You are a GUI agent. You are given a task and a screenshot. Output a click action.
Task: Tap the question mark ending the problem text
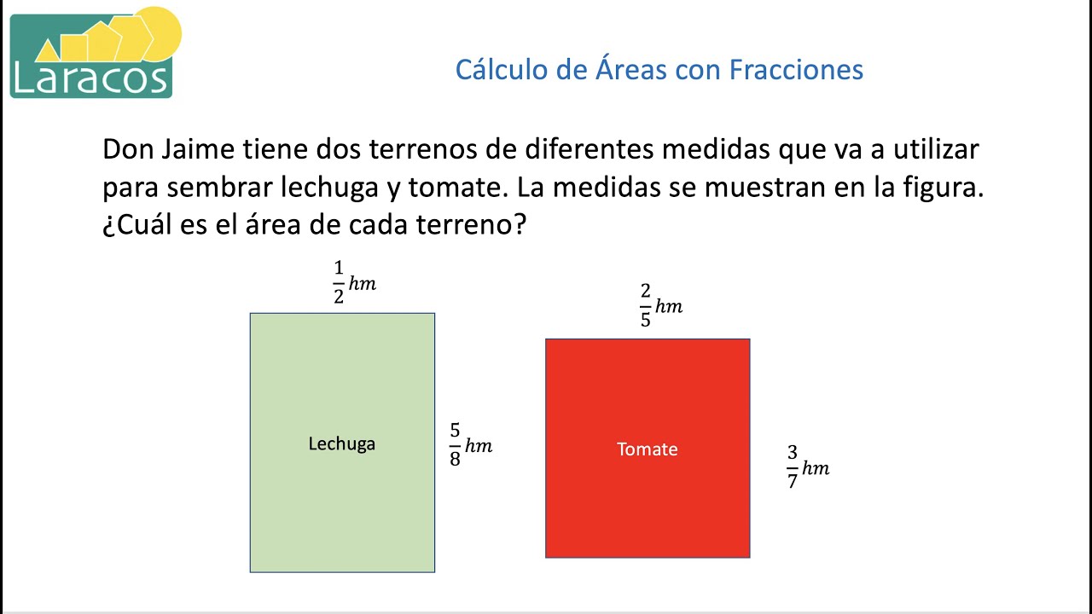pyautogui.click(x=519, y=227)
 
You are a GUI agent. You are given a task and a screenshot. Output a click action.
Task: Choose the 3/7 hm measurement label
pyautogui.click(x=807, y=467)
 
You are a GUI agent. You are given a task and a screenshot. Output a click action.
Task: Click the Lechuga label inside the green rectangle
pyautogui.click(x=341, y=443)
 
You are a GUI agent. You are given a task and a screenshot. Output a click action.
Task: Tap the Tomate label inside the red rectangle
pyautogui.click(x=648, y=449)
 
